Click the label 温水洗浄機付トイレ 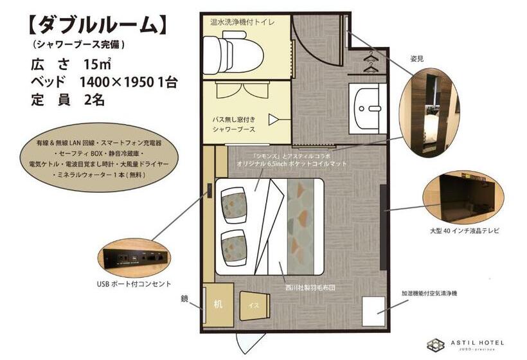click(x=243, y=22)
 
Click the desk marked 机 click(x=218, y=304)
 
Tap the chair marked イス click(x=254, y=305)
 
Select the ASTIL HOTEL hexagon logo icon click(x=436, y=345)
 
